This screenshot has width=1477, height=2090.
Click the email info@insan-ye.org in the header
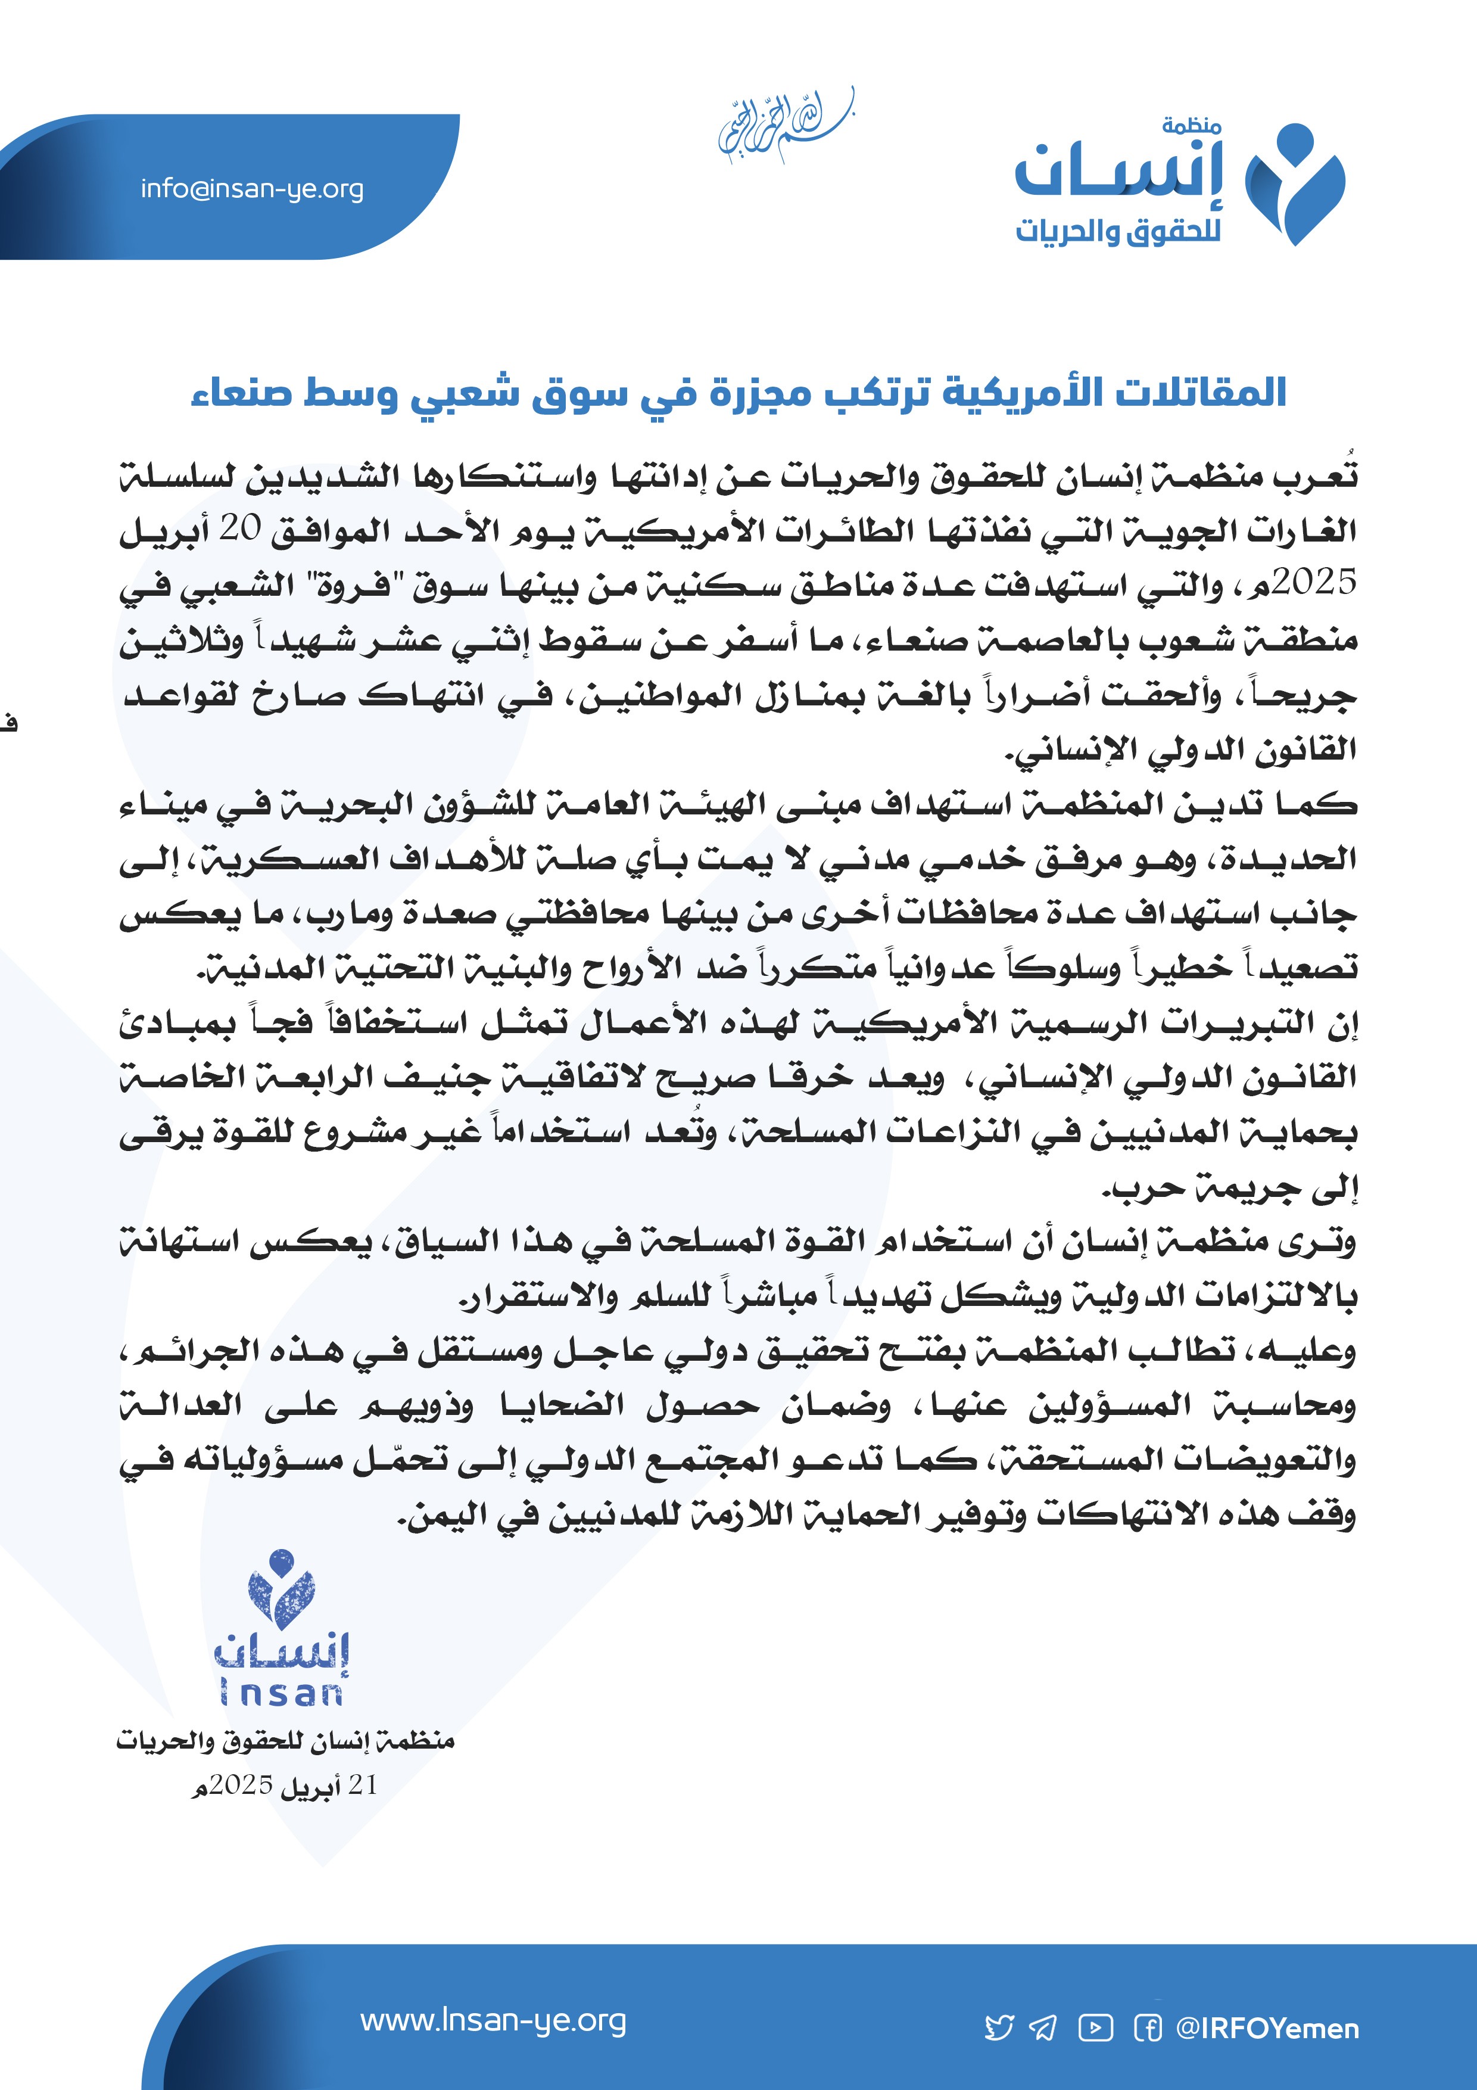pos(252,189)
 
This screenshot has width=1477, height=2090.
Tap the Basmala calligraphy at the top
pos(784,127)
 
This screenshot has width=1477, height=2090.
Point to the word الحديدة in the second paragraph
pos(1307,859)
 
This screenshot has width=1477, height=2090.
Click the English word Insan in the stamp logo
pos(281,1693)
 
